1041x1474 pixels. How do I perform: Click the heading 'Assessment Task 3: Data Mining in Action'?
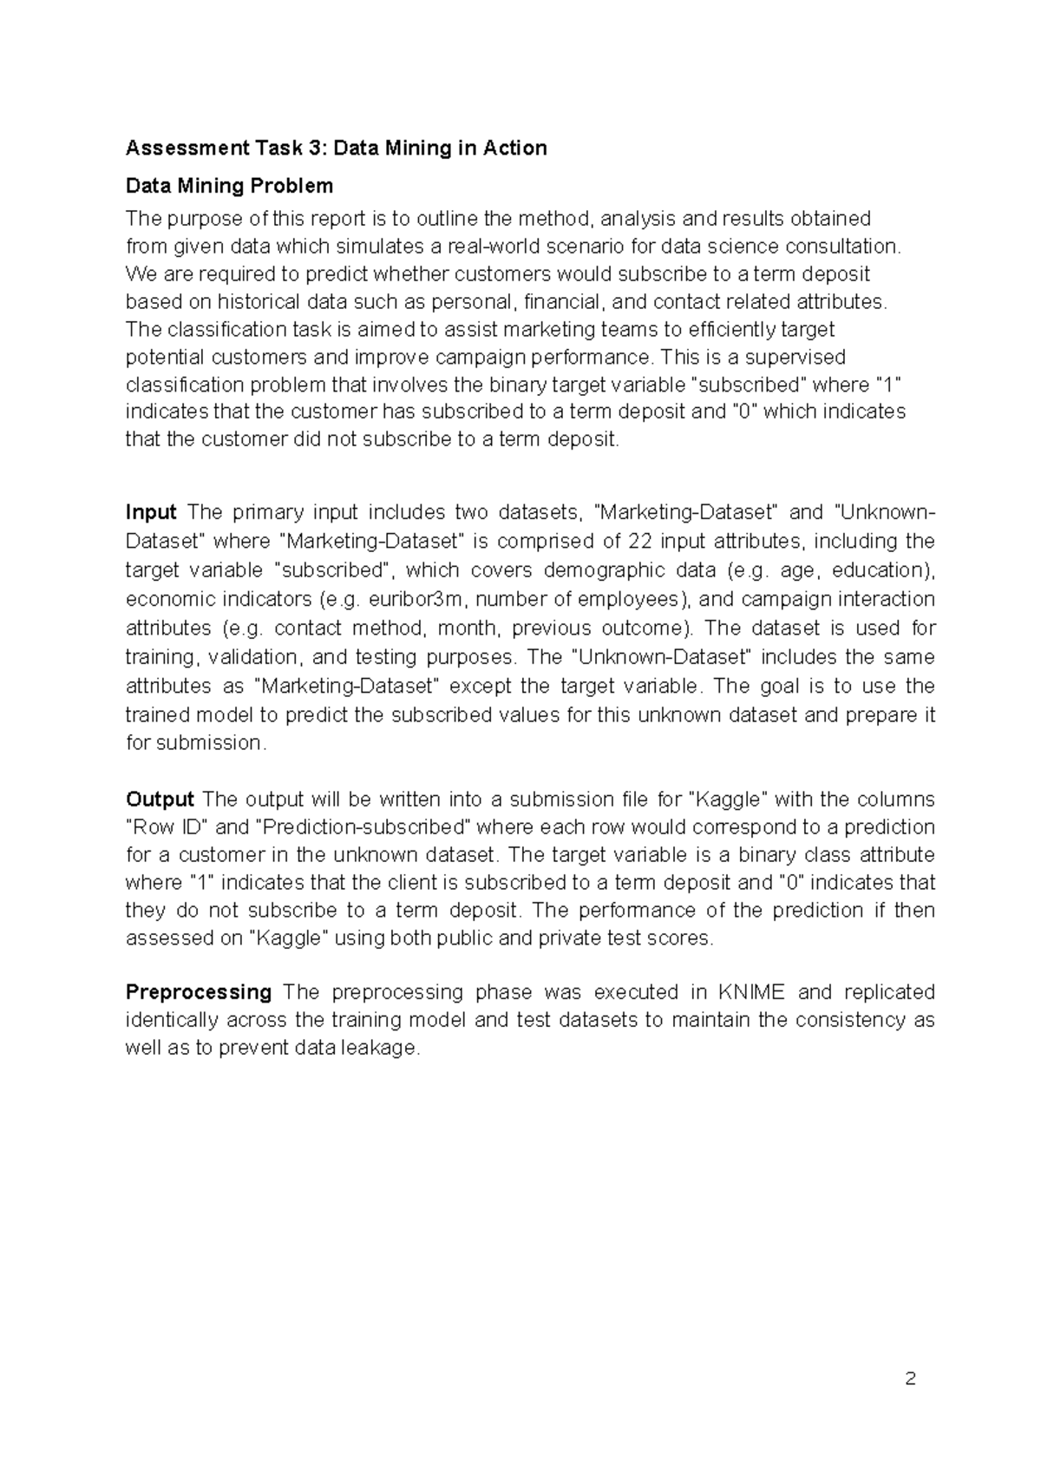click(x=336, y=148)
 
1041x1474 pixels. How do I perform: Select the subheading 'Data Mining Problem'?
click(x=229, y=186)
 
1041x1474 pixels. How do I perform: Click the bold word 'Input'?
click(x=151, y=512)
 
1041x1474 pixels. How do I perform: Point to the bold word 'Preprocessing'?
click(x=199, y=991)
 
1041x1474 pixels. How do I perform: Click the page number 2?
click(x=910, y=1379)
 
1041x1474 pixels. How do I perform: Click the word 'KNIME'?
click(x=751, y=991)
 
